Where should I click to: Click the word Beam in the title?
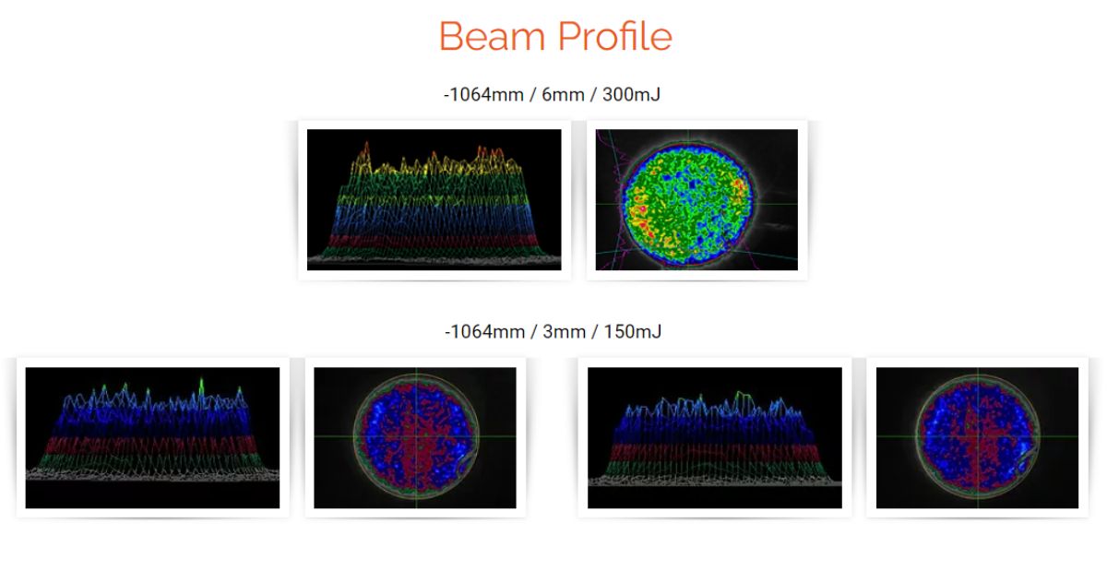click(493, 36)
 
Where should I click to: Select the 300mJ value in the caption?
click(631, 94)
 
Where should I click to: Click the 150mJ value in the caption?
click(633, 331)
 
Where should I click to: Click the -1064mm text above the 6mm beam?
click(483, 94)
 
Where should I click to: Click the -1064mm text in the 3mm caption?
click(484, 331)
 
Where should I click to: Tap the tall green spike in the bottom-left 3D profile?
click(201, 387)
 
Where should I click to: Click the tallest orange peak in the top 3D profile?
click(366, 149)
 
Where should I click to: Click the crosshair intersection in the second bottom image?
click(416, 436)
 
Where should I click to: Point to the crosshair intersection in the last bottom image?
click(977, 436)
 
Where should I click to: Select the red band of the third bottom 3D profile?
click(714, 453)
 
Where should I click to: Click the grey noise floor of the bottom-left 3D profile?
click(152, 474)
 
